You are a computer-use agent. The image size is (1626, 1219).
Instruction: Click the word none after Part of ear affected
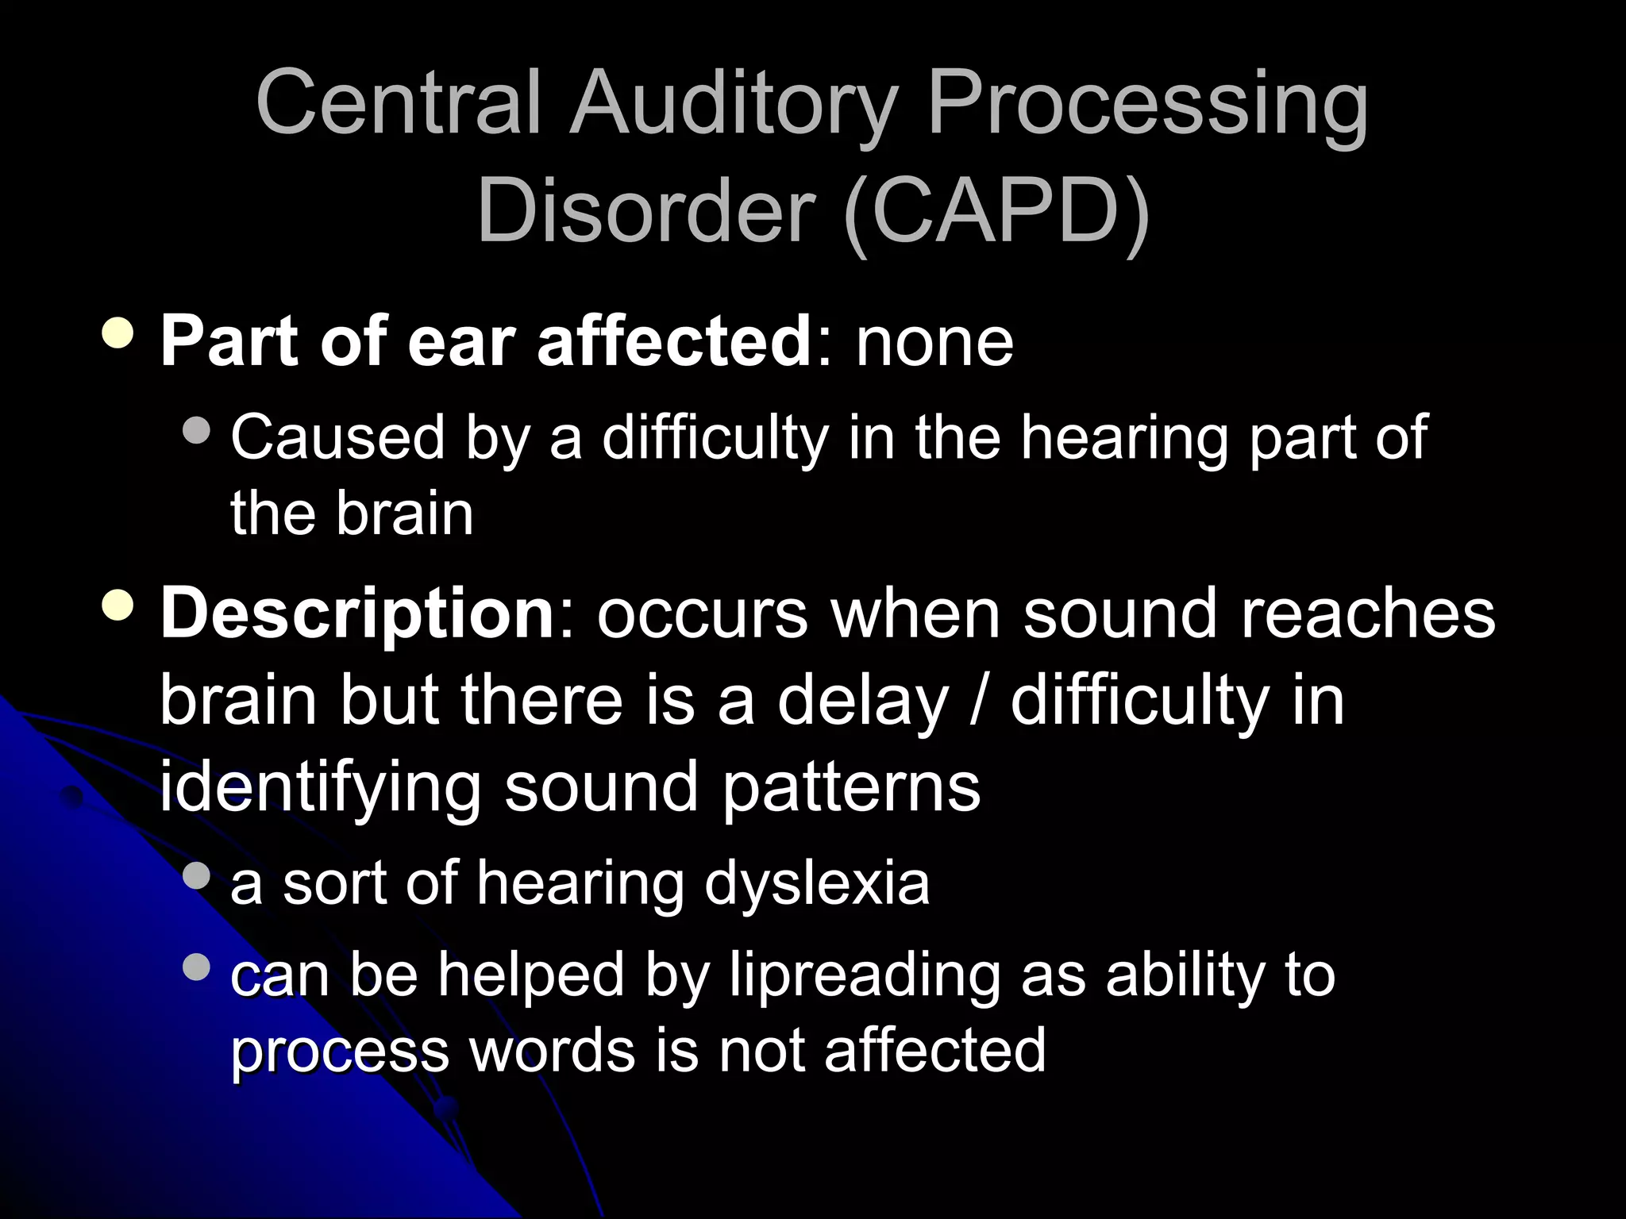tap(934, 343)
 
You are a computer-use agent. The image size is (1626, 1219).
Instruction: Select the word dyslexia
tap(817, 884)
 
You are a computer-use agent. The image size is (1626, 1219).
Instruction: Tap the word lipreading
tap(865, 976)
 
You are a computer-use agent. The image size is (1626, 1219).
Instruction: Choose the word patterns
tap(851, 787)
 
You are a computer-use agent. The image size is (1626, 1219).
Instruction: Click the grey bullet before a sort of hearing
tap(196, 876)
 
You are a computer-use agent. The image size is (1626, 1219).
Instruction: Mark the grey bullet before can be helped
tap(196, 967)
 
